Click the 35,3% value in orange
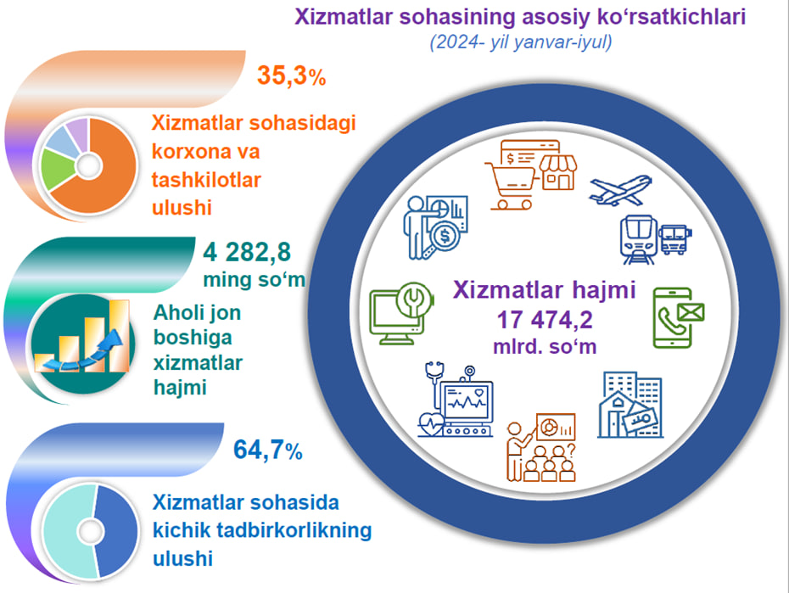[291, 76]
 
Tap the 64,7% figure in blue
[268, 450]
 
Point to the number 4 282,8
[247, 252]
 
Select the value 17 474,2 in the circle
[545, 320]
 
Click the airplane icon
[621, 190]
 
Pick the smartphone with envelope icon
[679, 318]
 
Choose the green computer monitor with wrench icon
[401, 313]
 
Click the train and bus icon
[655, 239]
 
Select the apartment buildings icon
[630, 405]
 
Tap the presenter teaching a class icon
[541, 448]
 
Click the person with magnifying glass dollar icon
[436, 227]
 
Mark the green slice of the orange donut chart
[56, 169]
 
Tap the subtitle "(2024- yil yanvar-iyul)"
[521, 42]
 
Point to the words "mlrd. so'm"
[545, 346]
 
